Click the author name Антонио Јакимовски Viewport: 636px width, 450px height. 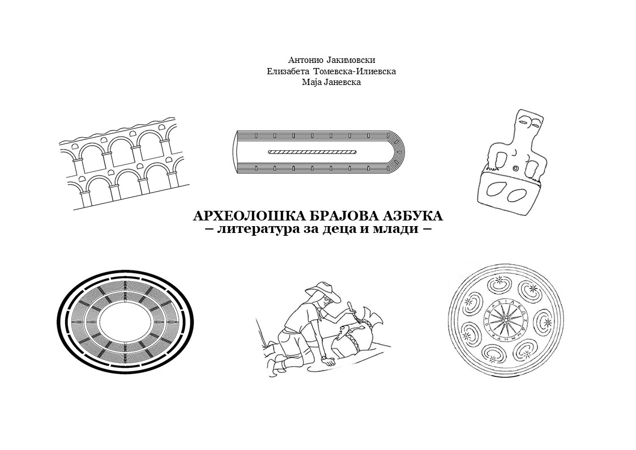(331, 61)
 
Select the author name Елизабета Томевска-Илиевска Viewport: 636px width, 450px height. (331, 72)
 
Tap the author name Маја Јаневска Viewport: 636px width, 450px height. (331, 82)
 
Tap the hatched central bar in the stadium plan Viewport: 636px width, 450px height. (312, 152)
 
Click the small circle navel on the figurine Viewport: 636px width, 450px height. (515, 168)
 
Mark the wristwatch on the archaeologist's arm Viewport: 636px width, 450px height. (324, 359)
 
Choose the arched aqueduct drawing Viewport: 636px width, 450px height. (123, 164)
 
